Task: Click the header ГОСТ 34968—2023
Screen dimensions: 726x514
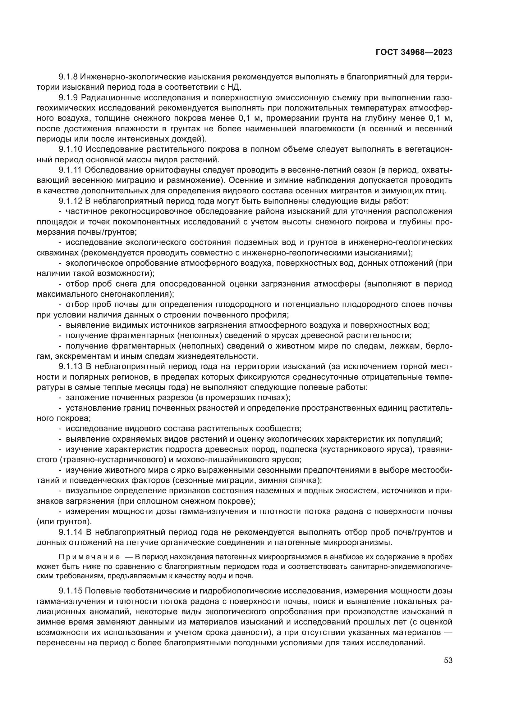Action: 414,52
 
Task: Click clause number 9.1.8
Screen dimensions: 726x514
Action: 68,77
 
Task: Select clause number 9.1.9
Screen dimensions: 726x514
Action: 68,98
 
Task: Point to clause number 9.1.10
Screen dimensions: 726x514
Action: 70,149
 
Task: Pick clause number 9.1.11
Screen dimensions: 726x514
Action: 70,170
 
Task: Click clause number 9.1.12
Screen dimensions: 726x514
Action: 70,201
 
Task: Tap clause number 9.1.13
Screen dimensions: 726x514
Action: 70,367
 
